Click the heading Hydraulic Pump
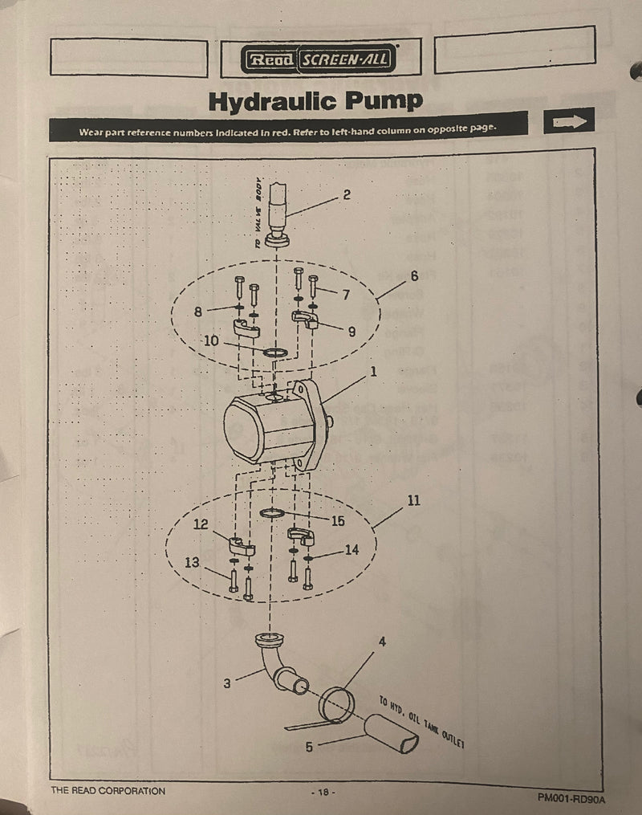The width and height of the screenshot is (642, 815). pos(315,101)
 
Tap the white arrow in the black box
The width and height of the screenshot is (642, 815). pos(569,120)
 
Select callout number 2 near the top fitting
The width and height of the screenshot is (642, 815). pos(346,194)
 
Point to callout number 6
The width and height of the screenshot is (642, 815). pos(414,275)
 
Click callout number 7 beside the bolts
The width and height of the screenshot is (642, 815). pos(346,295)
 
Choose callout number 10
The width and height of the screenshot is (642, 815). pos(211,340)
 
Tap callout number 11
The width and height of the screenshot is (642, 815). pos(413,500)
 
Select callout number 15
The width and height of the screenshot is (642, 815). pos(338,521)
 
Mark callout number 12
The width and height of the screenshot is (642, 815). pos(201,524)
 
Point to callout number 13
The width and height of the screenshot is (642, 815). pos(191,563)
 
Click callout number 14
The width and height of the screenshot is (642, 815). pos(351,550)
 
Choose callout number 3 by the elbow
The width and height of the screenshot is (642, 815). pos(227,683)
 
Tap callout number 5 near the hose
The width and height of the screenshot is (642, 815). pos(309,746)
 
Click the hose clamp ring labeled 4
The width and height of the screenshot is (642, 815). pos(336,704)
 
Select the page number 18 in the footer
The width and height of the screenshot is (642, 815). pos(322,792)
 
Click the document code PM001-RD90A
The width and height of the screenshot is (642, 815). pos(571,798)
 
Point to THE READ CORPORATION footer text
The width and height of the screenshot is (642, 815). pos(108,791)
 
